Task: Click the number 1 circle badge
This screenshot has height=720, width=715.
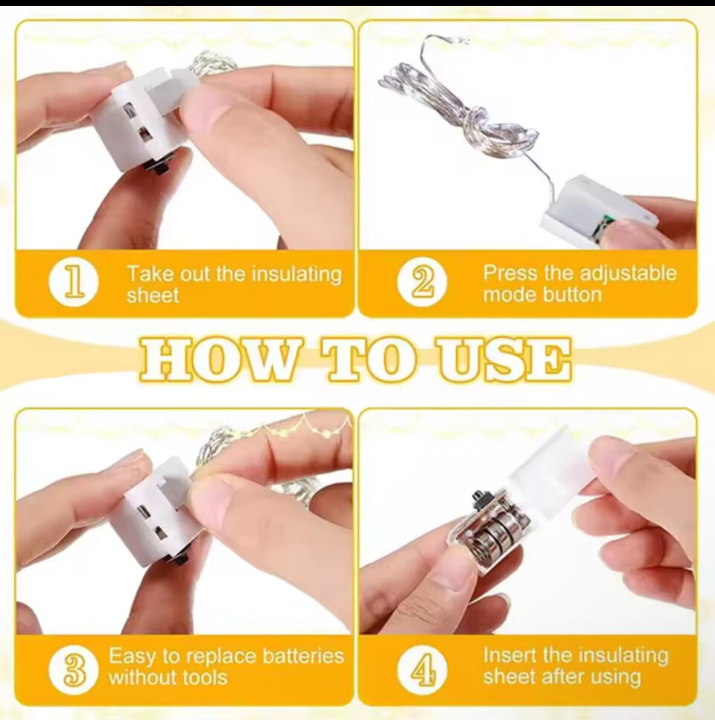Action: [x=74, y=282]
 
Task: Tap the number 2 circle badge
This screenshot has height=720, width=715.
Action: [x=422, y=282]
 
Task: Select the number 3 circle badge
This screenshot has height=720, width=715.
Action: [x=74, y=669]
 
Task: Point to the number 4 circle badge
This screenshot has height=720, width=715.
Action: [x=422, y=669]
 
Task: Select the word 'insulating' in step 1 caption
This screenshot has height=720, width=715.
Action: [x=296, y=275]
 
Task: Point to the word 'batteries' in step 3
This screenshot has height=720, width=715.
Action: [x=303, y=656]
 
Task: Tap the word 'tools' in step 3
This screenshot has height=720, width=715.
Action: [x=205, y=678]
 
